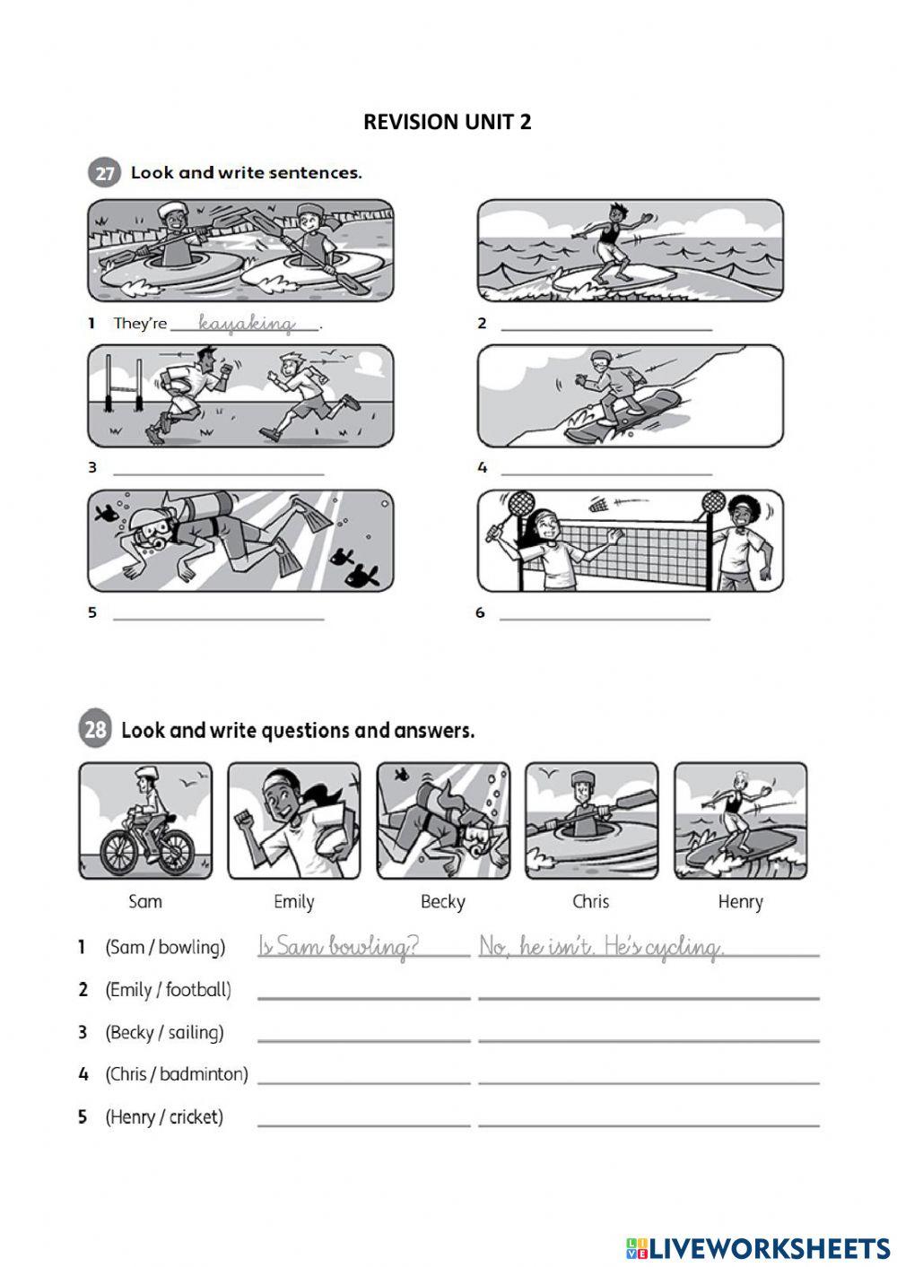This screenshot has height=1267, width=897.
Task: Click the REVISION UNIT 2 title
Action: (x=447, y=122)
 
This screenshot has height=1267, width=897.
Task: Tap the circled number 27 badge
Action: (x=104, y=173)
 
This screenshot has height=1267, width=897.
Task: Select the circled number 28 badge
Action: (x=95, y=730)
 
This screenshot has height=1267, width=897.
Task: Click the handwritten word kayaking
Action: (x=246, y=323)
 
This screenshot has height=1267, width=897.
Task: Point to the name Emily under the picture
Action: (x=293, y=902)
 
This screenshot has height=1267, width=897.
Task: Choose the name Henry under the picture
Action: (x=740, y=902)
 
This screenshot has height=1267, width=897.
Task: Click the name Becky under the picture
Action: (x=442, y=902)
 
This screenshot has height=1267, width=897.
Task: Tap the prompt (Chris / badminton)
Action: (x=176, y=1074)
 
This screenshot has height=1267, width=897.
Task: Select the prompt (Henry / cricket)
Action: (x=164, y=1117)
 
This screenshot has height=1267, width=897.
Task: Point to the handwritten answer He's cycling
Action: (x=664, y=947)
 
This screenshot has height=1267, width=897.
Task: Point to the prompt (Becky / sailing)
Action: (x=164, y=1032)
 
